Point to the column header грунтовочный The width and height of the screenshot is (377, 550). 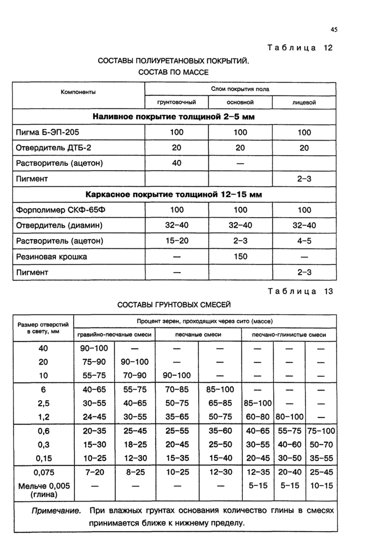pyautogui.click(x=176, y=102)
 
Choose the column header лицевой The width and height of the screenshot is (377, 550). pyautogui.click(x=304, y=102)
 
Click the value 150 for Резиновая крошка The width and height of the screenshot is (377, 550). pyautogui.click(x=240, y=256)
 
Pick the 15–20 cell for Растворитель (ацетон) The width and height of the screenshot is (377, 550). pyautogui.click(x=177, y=241)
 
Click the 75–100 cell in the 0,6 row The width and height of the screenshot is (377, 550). pyautogui.click(x=321, y=431)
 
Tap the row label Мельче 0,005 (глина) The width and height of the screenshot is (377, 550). pyautogui.click(x=44, y=490)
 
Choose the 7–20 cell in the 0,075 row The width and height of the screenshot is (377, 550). pyautogui.click(x=94, y=472)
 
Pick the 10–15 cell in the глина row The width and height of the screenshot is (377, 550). pyautogui.click(x=321, y=485)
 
